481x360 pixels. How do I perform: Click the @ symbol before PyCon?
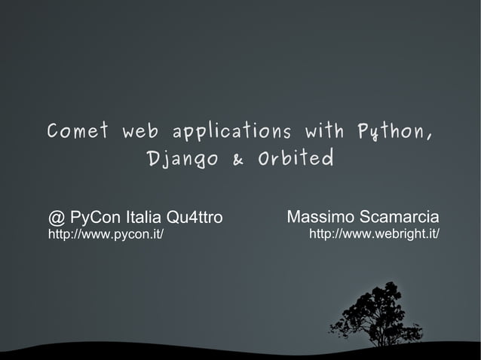coord(57,218)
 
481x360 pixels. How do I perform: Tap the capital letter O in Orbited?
coord(264,159)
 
